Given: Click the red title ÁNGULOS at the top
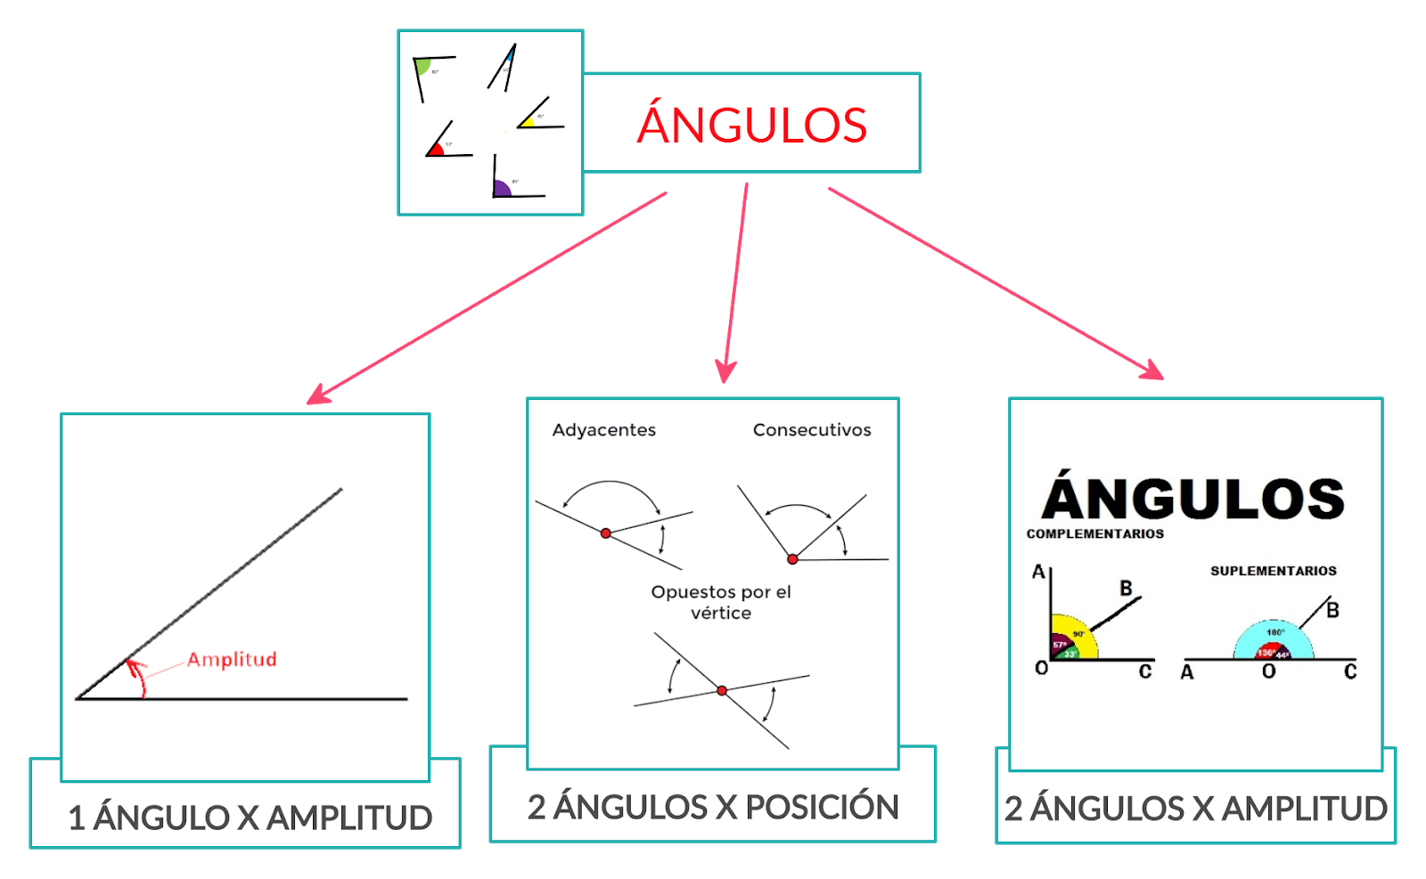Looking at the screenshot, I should coord(751,125).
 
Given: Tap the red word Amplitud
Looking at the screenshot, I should coord(232,660).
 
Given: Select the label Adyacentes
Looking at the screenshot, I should coord(603,430).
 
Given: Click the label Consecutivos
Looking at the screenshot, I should coord(812,430).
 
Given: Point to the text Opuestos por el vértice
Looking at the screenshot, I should coord(721,602).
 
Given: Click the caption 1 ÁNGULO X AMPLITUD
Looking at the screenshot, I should coord(250,818).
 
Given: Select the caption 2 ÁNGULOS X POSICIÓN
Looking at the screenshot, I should coord(713,807).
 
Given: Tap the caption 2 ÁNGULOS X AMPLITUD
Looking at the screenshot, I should coord(1195,809).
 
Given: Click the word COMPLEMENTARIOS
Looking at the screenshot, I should coord(1094,533).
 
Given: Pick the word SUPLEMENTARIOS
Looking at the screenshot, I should coord(1273,571).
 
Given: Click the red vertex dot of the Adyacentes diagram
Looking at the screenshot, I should coord(606,533).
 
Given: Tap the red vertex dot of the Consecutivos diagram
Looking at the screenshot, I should coord(792,559).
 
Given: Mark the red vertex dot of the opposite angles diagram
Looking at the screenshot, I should coord(722,690).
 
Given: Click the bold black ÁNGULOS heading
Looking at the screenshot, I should coord(1193,498).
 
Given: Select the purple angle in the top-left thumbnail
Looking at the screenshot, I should coord(502,188).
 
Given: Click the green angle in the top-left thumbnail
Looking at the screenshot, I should coord(423,67).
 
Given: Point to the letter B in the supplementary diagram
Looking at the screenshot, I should coord(1332,610).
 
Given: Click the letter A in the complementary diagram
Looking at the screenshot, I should coord(1038,572).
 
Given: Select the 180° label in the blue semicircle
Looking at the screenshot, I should coord(1275,632).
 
